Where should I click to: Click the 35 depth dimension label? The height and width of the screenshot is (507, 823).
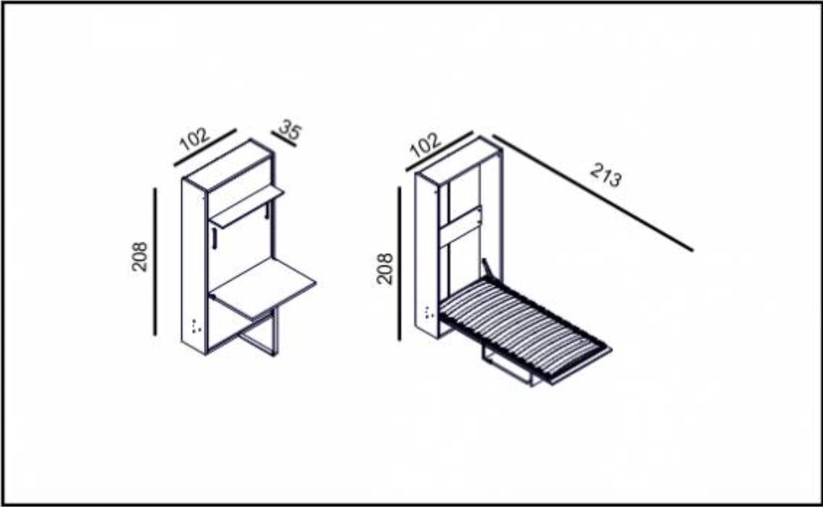[x=290, y=130]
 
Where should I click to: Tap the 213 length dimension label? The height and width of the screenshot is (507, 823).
[x=606, y=177]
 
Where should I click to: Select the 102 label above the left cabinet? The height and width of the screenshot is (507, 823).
[x=194, y=137]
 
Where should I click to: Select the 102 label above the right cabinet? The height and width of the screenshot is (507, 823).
[x=426, y=145]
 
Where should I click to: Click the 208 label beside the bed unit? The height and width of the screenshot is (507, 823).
[x=384, y=268]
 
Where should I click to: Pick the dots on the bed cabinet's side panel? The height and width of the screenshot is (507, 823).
[x=429, y=313]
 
